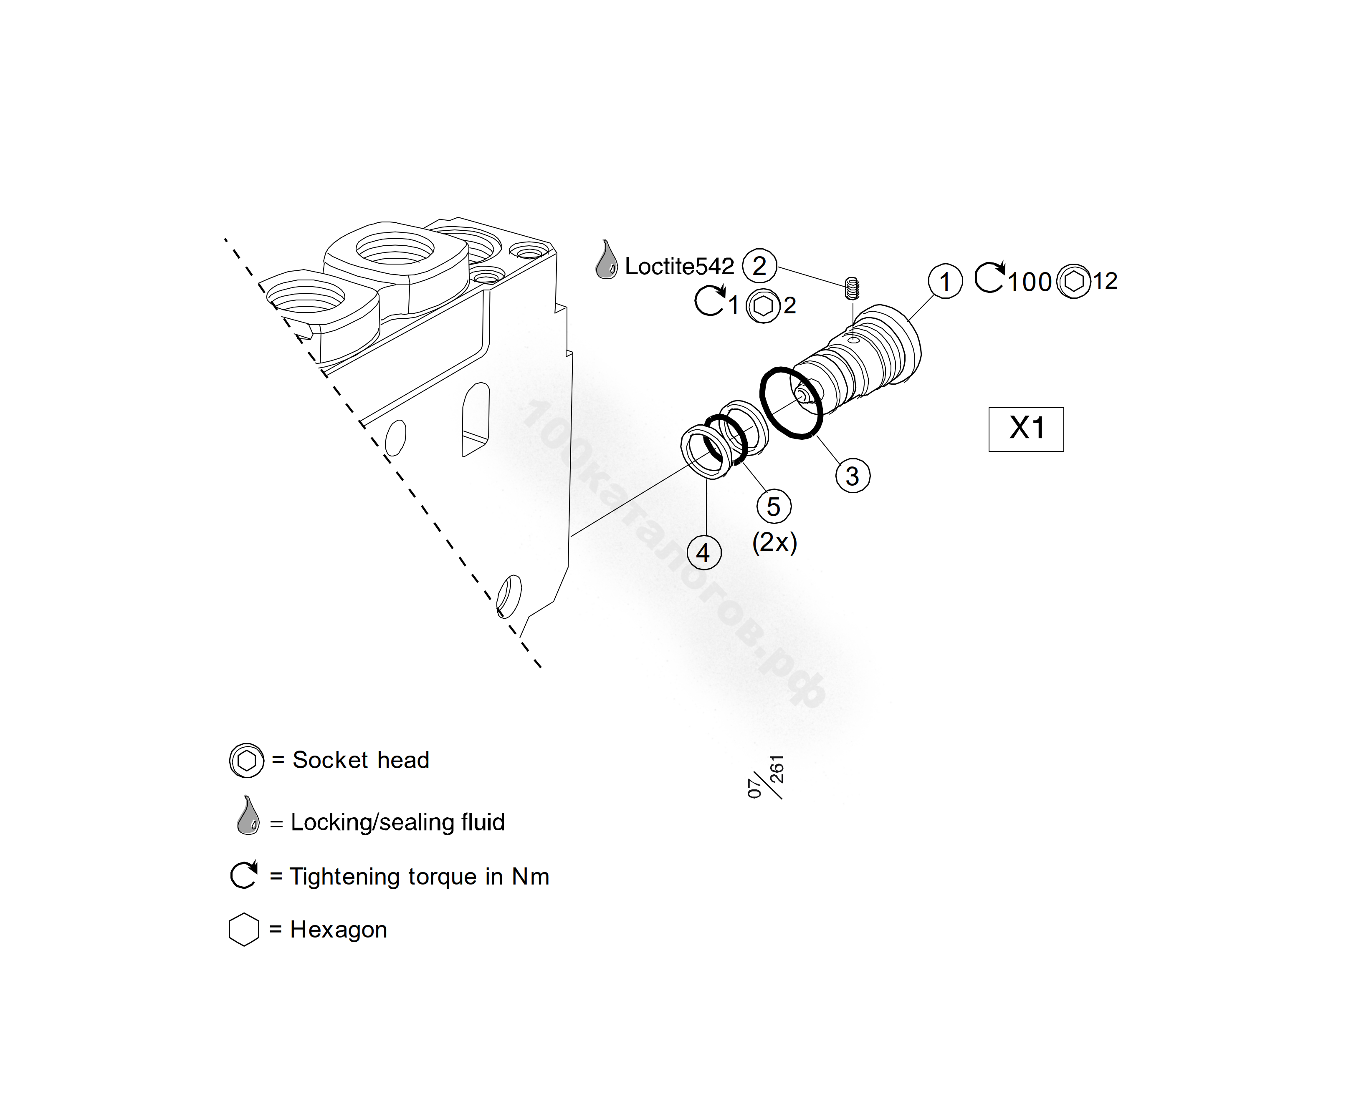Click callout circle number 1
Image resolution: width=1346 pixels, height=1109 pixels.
[x=945, y=281]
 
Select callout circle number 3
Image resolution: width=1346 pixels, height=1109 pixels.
[x=853, y=476]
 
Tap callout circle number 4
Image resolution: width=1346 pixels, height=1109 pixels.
[x=703, y=552]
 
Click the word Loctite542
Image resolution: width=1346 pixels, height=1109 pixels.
[x=679, y=266]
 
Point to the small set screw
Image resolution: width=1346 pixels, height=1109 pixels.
[x=851, y=289]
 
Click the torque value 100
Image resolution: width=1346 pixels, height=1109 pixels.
[x=1030, y=282]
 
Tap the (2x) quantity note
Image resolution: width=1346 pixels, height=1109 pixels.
[x=774, y=542]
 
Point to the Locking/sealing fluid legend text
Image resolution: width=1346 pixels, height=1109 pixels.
[x=397, y=822]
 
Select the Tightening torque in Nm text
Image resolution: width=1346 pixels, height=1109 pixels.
[x=419, y=877]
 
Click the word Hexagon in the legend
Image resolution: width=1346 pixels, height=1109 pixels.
[x=339, y=930]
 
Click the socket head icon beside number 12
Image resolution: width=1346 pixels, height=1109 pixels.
[x=1074, y=281]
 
